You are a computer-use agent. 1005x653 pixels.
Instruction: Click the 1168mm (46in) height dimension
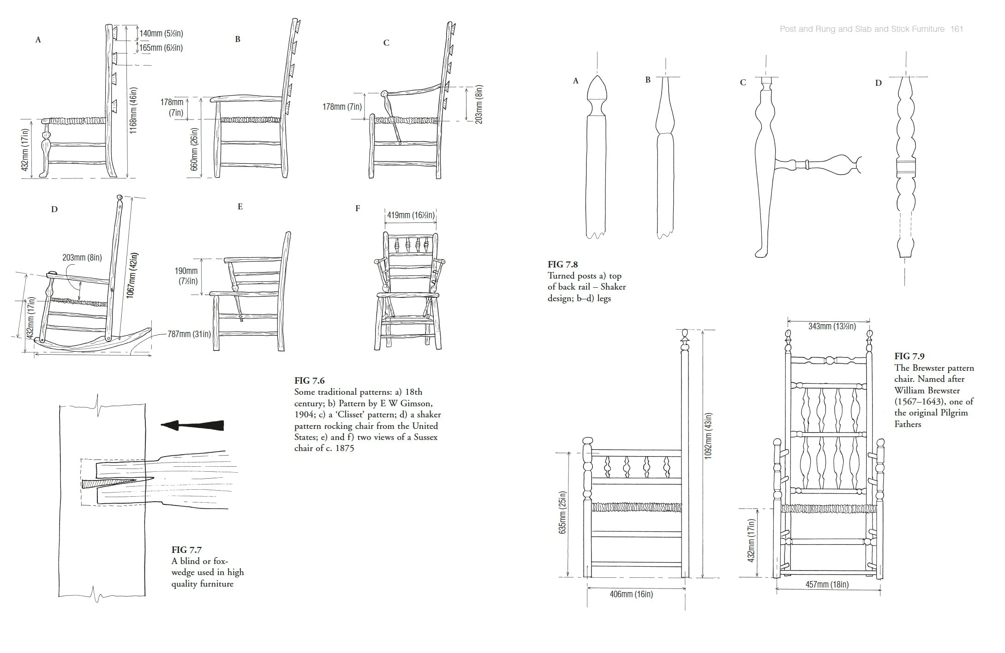click(x=133, y=111)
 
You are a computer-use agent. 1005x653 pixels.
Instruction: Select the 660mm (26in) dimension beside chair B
click(x=194, y=149)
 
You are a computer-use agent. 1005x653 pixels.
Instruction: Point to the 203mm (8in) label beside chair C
click(x=479, y=104)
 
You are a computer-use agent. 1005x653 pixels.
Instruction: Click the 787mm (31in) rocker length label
click(x=189, y=334)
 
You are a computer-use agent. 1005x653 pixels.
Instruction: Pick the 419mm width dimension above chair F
click(x=410, y=215)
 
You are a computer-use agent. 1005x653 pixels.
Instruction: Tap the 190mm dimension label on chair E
click(x=186, y=276)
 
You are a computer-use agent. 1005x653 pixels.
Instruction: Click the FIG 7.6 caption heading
click(x=309, y=380)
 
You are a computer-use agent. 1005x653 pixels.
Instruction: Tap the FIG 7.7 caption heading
click(x=186, y=550)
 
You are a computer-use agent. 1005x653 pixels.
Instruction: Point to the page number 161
click(x=957, y=29)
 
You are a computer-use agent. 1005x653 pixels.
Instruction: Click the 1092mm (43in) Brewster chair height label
click(x=708, y=435)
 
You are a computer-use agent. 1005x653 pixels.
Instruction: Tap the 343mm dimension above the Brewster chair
click(x=832, y=326)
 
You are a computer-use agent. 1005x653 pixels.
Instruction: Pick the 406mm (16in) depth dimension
click(x=631, y=594)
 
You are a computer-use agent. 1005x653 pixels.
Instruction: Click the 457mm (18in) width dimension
click(x=827, y=584)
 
